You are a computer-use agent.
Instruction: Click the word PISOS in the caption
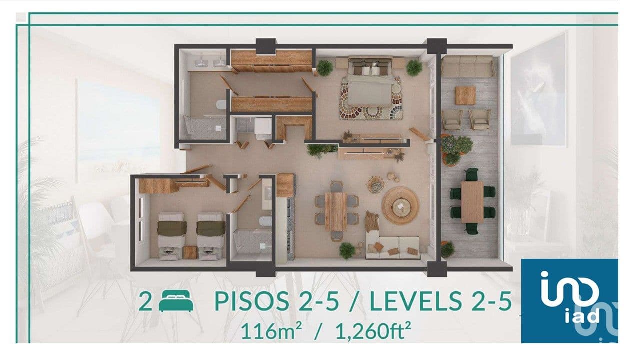coord(251,301)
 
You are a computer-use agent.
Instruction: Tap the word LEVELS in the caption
coord(416,301)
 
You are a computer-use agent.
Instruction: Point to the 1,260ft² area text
coord(373,331)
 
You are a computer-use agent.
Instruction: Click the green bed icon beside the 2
coord(176,301)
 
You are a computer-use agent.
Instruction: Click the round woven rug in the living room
coord(400,205)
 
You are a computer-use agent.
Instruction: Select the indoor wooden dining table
coord(336,212)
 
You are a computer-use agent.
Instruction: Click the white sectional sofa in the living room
coord(393,247)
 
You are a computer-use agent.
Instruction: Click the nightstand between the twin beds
coord(190,252)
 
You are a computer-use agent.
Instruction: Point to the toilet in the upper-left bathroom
coord(221,104)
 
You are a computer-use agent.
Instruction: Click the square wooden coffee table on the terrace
coord(465,95)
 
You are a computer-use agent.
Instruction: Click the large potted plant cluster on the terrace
coord(456,149)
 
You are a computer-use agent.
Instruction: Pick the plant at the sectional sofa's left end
coord(347,251)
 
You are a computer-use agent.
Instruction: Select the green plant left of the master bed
coord(324,68)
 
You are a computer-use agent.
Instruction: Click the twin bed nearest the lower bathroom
coord(211,236)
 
